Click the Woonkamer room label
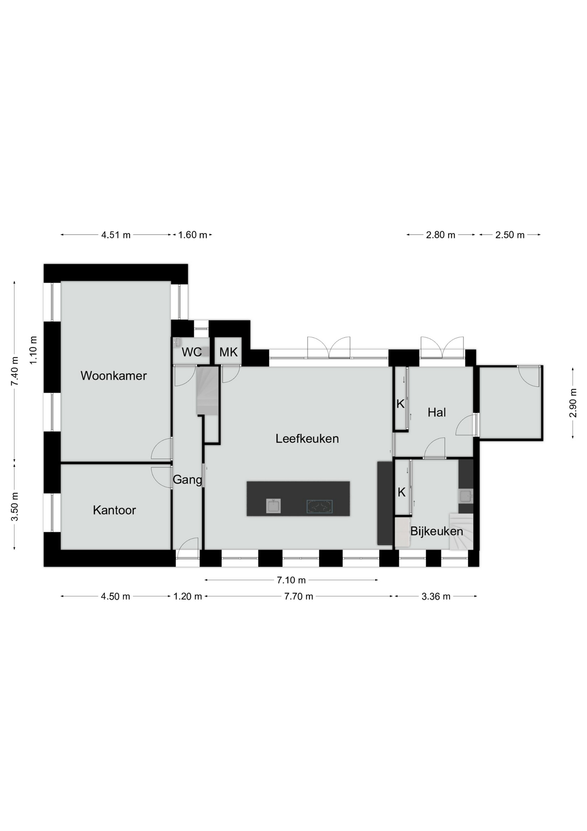[114, 376]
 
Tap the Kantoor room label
[114, 510]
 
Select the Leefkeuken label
[307, 438]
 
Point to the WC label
[191, 352]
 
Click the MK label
[228, 352]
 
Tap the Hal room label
[437, 412]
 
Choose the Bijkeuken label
[437, 531]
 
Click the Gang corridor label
[187, 480]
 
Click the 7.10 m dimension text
[291, 580]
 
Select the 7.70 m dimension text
[298, 596]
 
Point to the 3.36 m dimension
[436, 596]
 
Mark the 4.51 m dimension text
[116, 235]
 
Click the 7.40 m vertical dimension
[15, 371]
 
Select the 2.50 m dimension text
[510, 235]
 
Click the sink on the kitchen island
[273, 506]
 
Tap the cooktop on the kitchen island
[319, 506]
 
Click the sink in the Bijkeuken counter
[466, 496]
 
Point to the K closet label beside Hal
[400, 404]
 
